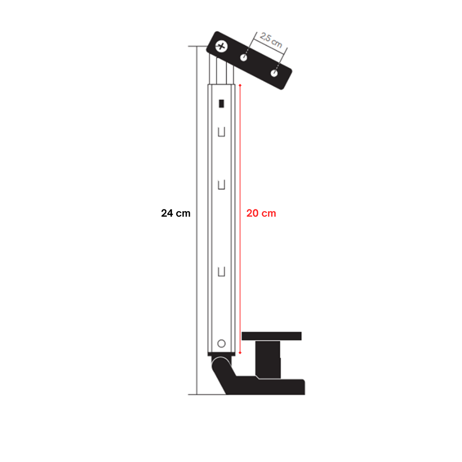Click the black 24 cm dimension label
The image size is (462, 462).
[x=176, y=213]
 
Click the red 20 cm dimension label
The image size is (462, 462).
[x=261, y=213]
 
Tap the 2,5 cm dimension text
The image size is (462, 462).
[x=271, y=40]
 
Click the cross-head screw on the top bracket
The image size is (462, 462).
[x=221, y=46]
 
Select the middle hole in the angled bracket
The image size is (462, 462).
[x=243, y=57]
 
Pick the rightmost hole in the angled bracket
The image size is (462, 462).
[x=274, y=73]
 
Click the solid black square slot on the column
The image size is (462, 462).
[x=222, y=103]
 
